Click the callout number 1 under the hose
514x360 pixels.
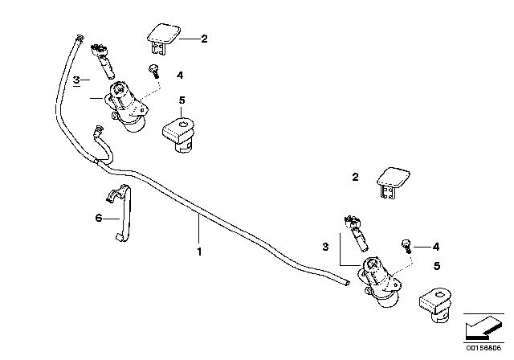(199, 251)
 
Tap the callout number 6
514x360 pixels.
(98, 218)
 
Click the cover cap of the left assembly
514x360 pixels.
(162, 35)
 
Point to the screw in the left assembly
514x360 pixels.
(153, 71)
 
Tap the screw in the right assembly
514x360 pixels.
(407, 244)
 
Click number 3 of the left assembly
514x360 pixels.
(76, 81)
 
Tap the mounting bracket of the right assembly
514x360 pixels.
(434, 305)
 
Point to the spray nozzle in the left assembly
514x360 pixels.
(103, 55)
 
